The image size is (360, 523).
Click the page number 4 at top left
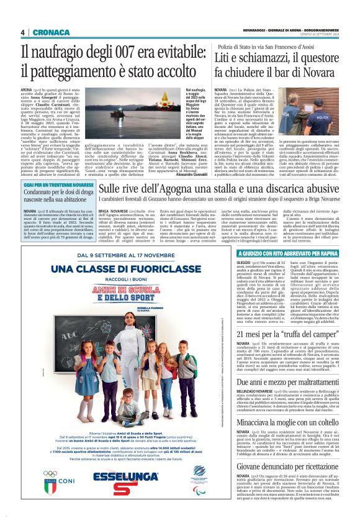pyautogui.click(x=22, y=32)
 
